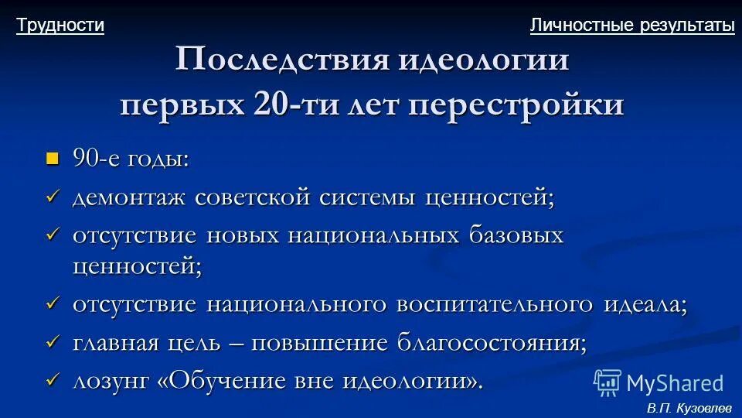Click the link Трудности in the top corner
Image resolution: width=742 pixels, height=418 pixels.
[60, 26]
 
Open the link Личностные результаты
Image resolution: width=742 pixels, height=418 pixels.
[632, 26]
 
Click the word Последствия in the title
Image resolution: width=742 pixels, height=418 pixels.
[281, 60]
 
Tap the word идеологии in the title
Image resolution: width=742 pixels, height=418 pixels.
[484, 60]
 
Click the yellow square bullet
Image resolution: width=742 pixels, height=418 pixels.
[53, 159]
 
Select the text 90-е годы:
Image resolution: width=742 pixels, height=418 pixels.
[131, 159]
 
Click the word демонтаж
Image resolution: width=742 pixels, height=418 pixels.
[129, 197]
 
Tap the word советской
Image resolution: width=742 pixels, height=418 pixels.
[253, 197]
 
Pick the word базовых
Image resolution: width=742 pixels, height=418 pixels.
[516, 235]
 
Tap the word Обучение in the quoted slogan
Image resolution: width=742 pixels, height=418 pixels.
[232, 380]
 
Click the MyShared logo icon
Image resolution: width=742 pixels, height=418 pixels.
[608, 382]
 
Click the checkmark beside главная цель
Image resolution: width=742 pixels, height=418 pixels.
[53, 341]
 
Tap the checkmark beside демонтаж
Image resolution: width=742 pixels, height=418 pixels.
[53, 197]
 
